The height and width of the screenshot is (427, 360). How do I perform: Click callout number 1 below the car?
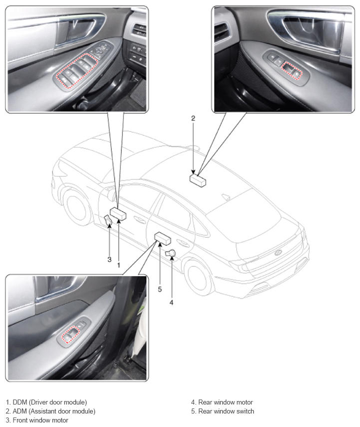click(x=118, y=265)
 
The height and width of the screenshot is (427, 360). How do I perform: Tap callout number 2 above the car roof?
click(x=193, y=118)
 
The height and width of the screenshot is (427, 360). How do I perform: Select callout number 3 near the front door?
click(x=109, y=259)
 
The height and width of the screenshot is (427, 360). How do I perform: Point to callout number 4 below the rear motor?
click(x=171, y=302)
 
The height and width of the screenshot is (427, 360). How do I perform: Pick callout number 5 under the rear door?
click(x=160, y=289)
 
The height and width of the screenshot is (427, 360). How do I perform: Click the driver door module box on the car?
click(x=118, y=213)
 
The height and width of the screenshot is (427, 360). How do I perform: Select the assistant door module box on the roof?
click(x=198, y=181)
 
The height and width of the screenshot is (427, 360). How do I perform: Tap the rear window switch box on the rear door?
click(x=163, y=238)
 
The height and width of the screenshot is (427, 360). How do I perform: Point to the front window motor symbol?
click(x=108, y=221)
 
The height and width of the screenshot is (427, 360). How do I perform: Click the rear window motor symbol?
click(x=171, y=253)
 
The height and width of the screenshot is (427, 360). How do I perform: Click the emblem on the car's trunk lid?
click(x=278, y=252)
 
